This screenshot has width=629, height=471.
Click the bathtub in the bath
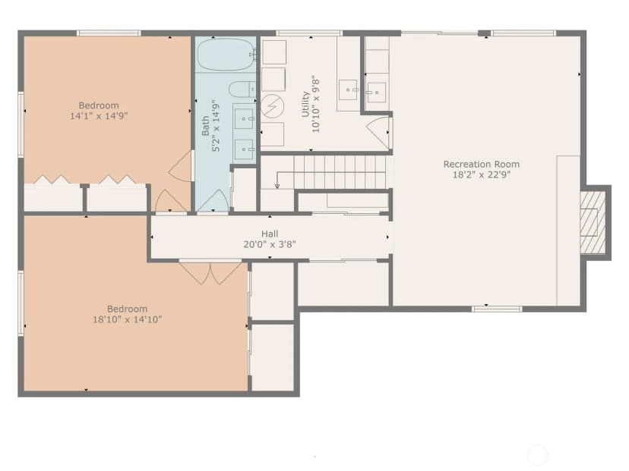pyautogui.click(x=226, y=55)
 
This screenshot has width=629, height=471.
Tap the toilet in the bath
pyautogui.click(x=242, y=89)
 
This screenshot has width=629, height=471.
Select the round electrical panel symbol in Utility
pyautogui.click(x=273, y=106)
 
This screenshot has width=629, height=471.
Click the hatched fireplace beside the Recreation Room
pyautogui.click(x=593, y=222)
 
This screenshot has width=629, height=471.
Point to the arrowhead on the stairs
pyautogui.click(x=277, y=185)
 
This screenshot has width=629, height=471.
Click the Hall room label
pyautogui.click(x=270, y=234)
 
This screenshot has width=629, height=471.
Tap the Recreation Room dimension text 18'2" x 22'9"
pyautogui.click(x=482, y=174)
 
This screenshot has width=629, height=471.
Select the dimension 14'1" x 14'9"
pyautogui.click(x=99, y=116)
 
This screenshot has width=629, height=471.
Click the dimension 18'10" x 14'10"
pyautogui.click(x=127, y=319)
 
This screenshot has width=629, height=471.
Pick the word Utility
pyautogui.click(x=305, y=104)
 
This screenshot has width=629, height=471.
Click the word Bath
pyautogui.click(x=205, y=126)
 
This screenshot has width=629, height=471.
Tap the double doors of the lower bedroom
pyautogui.click(x=210, y=273)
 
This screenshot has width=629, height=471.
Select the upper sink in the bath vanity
pyautogui.click(x=245, y=118)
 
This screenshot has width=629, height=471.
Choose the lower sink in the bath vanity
pyautogui.click(x=245, y=149)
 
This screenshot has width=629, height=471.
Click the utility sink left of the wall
pyautogui.click(x=348, y=90)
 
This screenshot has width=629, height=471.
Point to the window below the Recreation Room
pyautogui.click(x=497, y=309)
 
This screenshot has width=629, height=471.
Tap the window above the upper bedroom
pyautogui.click(x=109, y=33)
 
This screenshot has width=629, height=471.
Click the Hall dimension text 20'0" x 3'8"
pyautogui.click(x=270, y=244)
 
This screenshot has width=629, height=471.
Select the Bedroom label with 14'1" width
pyautogui.click(x=99, y=105)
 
